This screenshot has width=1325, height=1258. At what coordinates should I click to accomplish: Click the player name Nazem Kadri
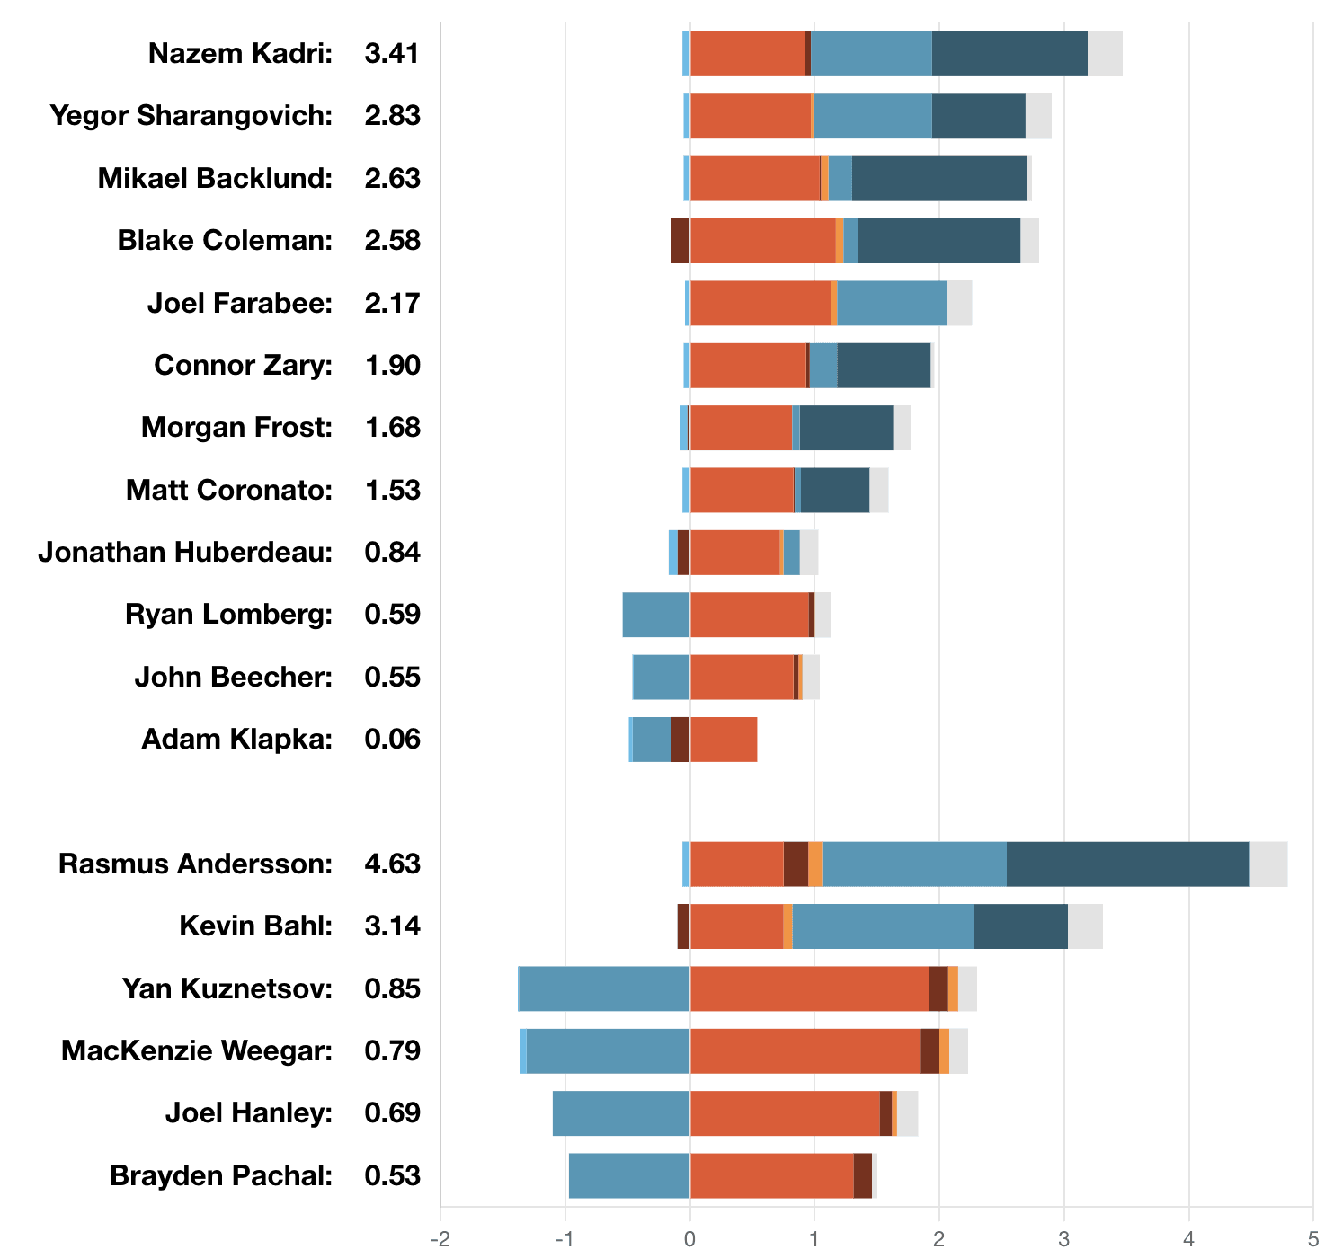pyautogui.click(x=240, y=54)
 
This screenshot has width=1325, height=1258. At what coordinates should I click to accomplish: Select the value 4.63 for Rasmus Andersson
pyautogui.click(x=392, y=864)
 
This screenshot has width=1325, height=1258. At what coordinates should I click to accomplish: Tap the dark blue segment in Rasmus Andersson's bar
pyautogui.click(x=1127, y=864)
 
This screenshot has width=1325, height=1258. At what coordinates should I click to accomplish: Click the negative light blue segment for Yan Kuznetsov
pyautogui.click(x=604, y=988)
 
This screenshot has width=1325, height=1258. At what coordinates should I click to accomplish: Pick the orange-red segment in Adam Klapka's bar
pyautogui.click(x=724, y=740)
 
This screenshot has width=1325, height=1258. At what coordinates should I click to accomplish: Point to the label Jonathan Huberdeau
pyautogui.click(x=185, y=553)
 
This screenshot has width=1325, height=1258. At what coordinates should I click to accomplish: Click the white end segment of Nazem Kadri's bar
pyautogui.click(x=1105, y=54)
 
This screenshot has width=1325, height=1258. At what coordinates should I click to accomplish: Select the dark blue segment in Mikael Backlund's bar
pyautogui.click(x=938, y=178)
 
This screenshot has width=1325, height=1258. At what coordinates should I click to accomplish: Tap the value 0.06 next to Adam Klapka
pyautogui.click(x=392, y=740)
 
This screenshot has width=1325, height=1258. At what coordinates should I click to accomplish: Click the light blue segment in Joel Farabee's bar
pyautogui.click(x=891, y=303)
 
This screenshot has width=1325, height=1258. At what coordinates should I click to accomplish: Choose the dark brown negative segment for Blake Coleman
pyautogui.click(x=680, y=241)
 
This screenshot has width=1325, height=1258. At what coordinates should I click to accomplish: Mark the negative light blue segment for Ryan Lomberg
pyautogui.click(x=655, y=615)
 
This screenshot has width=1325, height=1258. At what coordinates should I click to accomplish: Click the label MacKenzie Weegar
pyautogui.click(x=197, y=1050)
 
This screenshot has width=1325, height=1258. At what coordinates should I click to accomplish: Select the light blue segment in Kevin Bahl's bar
pyautogui.click(x=883, y=926)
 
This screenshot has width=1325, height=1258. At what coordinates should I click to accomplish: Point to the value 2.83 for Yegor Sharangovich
pyautogui.click(x=392, y=116)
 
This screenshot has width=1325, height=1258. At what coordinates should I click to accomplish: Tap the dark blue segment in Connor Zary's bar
pyautogui.click(x=883, y=366)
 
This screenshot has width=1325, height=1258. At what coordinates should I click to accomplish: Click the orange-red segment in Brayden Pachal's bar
pyautogui.click(x=771, y=1175)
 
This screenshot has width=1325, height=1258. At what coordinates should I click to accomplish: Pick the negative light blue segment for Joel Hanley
pyautogui.click(x=620, y=1113)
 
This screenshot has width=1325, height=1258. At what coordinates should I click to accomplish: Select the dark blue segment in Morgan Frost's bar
pyautogui.click(x=846, y=428)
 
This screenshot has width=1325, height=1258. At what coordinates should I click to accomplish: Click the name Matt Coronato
pyautogui.click(x=228, y=491)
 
